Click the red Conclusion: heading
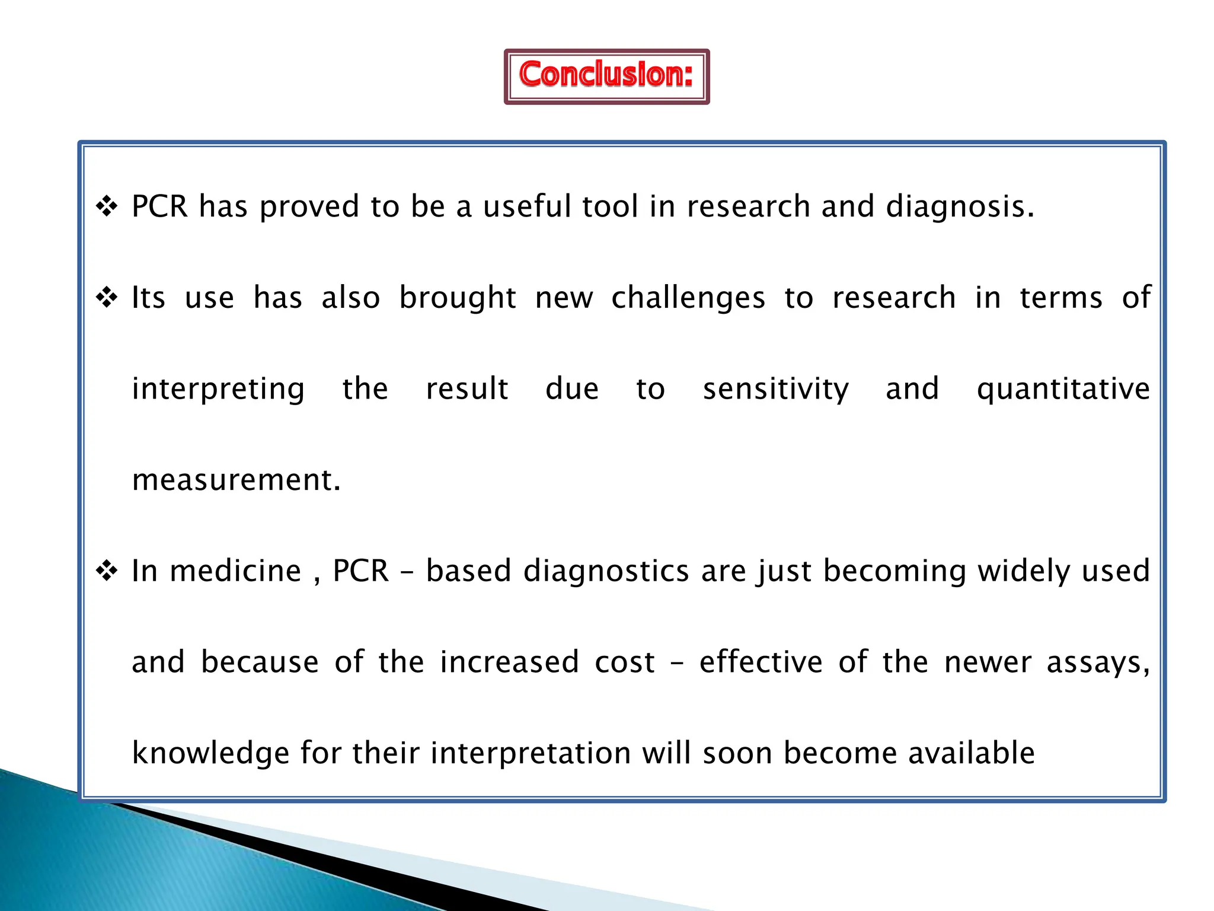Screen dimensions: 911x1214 click(x=606, y=75)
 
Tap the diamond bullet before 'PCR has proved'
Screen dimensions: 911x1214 click(x=107, y=206)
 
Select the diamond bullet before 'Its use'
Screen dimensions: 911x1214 click(x=107, y=297)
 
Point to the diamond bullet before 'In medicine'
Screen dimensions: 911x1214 click(x=107, y=571)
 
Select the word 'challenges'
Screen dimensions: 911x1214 click(x=688, y=298)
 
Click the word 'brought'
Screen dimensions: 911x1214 click(x=457, y=298)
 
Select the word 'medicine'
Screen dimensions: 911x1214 click(x=235, y=571)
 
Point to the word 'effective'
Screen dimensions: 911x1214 click(x=761, y=662)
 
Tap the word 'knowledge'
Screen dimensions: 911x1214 click(x=210, y=754)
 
